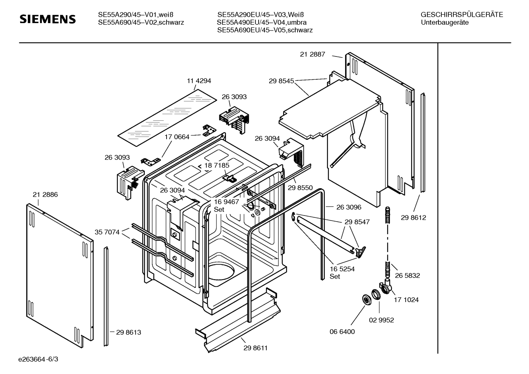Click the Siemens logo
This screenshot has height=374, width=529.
click(48, 19)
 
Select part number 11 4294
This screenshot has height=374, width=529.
click(199, 81)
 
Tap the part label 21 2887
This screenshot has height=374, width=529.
click(313, 54)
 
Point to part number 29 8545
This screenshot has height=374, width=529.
click(281, 81)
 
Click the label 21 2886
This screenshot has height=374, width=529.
click(45, 195)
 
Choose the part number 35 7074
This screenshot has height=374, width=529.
click(107, 232)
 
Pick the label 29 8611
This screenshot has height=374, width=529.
click(256, 348)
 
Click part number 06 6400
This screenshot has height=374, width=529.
click(342, 332)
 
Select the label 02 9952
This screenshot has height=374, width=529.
click(382, 320)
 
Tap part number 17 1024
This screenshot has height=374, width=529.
click(406, 300)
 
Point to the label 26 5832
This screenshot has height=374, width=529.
click(407, 276)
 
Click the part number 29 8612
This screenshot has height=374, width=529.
click(413, 218)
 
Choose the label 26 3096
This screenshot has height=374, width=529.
click(349, 207)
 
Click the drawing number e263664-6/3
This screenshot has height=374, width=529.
click(38, 359)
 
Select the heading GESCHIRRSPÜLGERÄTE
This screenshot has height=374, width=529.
click(462, 15)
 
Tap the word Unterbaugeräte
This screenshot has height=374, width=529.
click(445, 22)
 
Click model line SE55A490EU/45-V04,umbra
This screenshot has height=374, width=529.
click(262, 22)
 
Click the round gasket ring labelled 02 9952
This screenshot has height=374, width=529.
click(376, 295)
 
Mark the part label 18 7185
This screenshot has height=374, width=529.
click(216, 166)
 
